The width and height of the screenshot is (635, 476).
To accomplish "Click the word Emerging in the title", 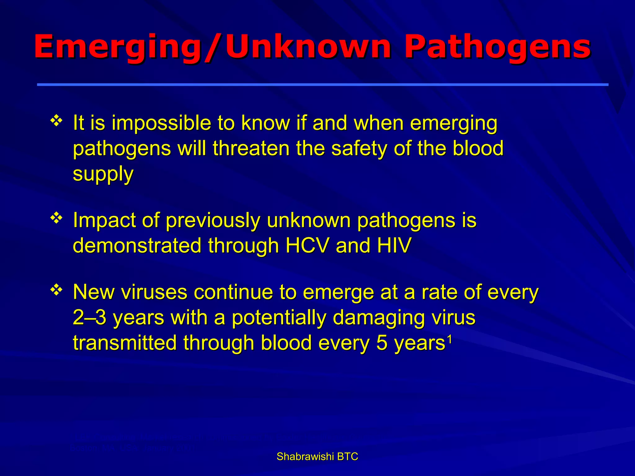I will pyautogui.click(x=118, y=47).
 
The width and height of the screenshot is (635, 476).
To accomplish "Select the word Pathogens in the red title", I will pyautogui.click(x=497, y=47).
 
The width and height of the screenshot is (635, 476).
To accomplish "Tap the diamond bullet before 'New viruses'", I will pyautogui.click(x=56, y=290).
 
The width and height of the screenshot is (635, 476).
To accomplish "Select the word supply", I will pyautogui.click(x=103, y=174).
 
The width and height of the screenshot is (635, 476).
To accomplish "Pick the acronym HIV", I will pyautogui.click(x=394, y=245).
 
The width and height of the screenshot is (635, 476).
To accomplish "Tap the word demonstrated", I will pyautogui.click(x=137, y=245).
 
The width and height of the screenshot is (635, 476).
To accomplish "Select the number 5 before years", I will pyautogui.click(x=382, y=343).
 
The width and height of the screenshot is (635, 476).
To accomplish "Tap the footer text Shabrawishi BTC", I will pyautogui.click(x=317, y=456).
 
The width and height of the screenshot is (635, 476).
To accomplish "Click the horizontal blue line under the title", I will pyautogui.click(x=322, y=84).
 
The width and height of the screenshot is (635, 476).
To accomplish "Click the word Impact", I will pyautogui.click(x=104, y=221).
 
